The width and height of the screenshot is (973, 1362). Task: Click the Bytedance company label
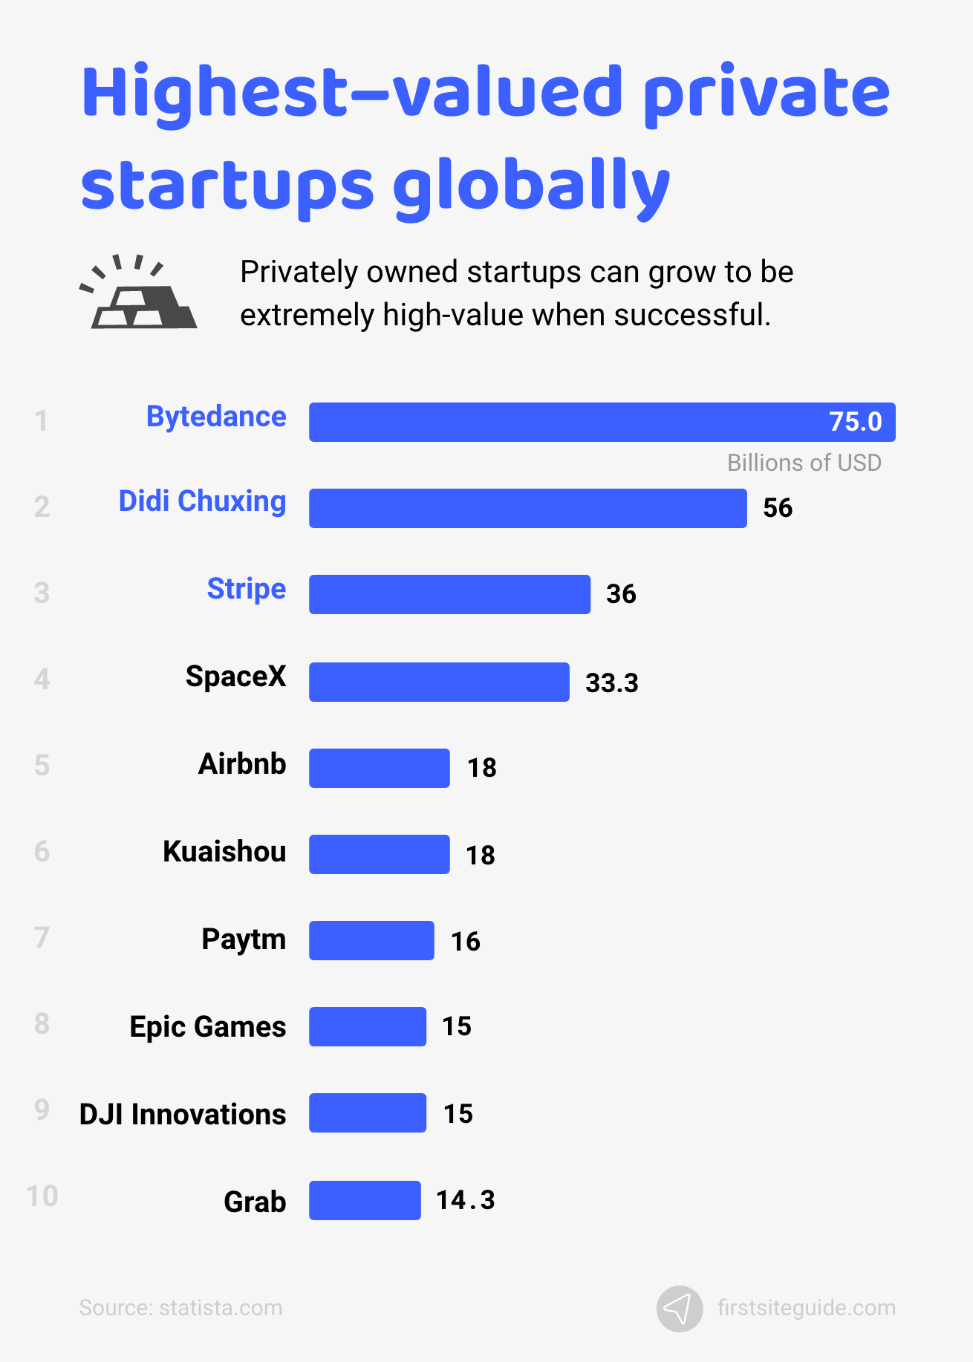point(216,417)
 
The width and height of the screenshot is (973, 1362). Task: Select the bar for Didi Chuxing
point(527,509)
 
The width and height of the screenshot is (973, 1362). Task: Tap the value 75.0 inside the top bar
point(855,422)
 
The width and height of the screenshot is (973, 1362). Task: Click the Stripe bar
point(449,595)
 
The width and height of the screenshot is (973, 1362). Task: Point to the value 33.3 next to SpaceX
point(611,682)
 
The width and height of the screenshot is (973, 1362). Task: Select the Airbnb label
point(242,764)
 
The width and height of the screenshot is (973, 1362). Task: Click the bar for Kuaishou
point(379,855)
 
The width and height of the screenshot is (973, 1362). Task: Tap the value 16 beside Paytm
point(466,942)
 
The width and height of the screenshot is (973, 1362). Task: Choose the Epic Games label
point(208,1027)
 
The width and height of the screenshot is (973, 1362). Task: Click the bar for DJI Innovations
point(368,1113)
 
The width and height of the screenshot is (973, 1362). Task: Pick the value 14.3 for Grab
point(466,1200)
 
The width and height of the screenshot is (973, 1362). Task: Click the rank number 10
point(42,1196)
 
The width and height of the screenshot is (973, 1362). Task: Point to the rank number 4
point(42,679)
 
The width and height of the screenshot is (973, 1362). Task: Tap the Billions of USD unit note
point(804,463)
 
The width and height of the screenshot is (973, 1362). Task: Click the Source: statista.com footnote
point(180,1308)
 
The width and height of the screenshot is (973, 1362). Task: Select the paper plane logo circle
point(679,1309)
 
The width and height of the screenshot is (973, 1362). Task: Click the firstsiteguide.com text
point(806,1308)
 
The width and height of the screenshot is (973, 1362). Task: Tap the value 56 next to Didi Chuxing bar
point(778,508)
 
